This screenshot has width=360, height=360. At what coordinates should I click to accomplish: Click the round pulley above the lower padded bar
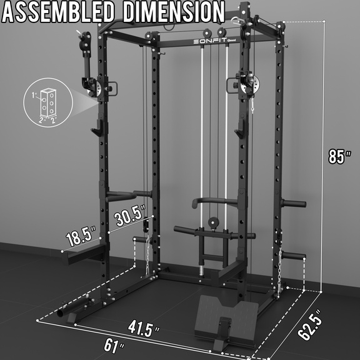(211, 221)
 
